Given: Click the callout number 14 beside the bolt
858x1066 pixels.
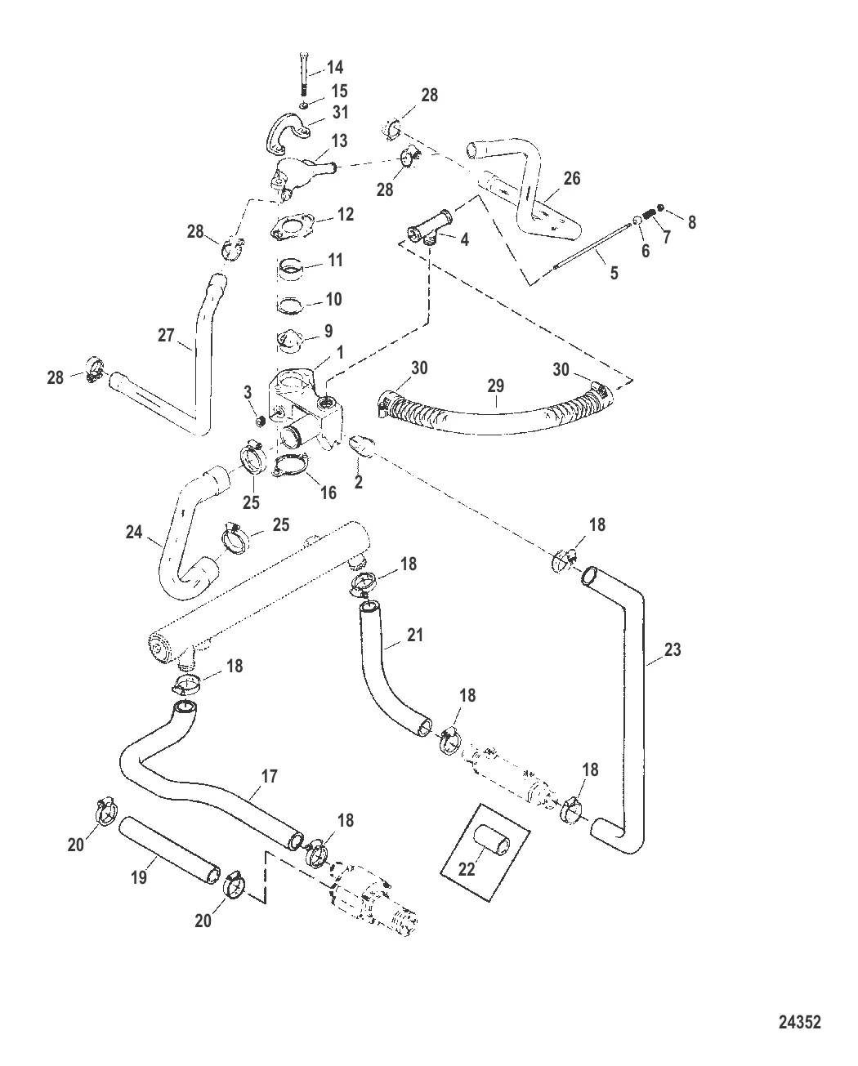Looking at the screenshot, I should [335, 67].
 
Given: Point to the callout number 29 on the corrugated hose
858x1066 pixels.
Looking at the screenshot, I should [496, 386].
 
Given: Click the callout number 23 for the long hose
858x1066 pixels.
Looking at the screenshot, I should [673, 650].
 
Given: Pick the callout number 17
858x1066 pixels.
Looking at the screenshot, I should [269, 775].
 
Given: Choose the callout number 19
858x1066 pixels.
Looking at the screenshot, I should [139, 877].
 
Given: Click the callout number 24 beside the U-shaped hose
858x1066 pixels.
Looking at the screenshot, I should [133, 533].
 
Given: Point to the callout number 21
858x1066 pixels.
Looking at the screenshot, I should [415, 633].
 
